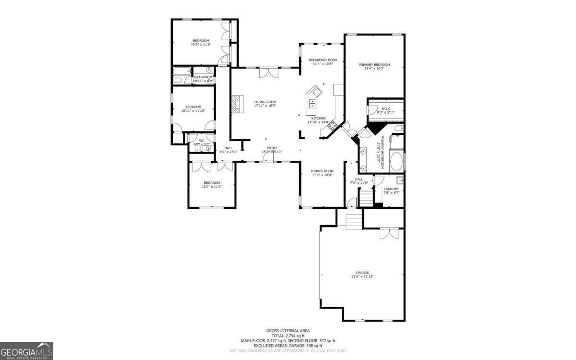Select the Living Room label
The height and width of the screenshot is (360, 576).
[265, 102]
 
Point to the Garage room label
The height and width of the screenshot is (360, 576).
[362, 273]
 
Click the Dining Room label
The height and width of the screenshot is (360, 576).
[322, 171]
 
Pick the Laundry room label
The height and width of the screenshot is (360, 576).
[391, 189]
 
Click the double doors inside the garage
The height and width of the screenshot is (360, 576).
[389, 234]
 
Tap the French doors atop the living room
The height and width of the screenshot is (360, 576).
[268, 72]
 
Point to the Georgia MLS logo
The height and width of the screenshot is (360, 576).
[26, 351]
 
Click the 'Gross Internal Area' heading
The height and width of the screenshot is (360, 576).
[288, 330]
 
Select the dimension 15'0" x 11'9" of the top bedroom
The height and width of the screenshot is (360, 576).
[201, 45]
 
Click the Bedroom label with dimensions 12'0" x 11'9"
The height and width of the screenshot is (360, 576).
[212, 182]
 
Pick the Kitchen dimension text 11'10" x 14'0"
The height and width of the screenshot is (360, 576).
[318, 122]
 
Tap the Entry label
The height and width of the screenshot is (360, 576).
[272, 148]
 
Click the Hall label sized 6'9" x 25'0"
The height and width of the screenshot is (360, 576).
[228, 148]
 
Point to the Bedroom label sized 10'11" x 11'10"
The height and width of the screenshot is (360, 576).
[193, 107]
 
